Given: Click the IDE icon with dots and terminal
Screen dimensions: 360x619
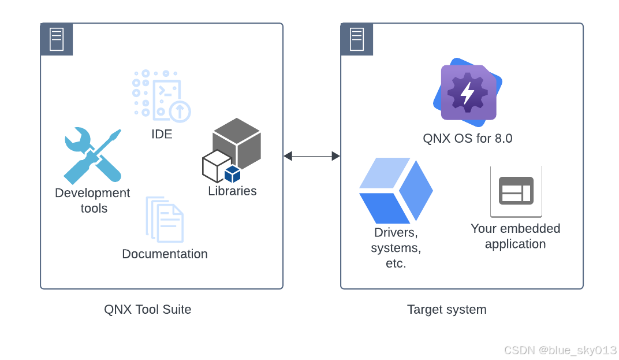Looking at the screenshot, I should [161, 96].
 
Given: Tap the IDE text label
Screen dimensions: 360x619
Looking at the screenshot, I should [162, 134].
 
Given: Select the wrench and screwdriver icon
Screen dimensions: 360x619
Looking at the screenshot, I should [92, 155].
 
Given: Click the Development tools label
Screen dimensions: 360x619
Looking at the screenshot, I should [92, 201].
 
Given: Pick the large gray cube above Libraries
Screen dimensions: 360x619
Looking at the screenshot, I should [237, 142].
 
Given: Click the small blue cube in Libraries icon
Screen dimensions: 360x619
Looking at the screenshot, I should [232, 174].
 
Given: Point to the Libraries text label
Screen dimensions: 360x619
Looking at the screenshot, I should [232, 191].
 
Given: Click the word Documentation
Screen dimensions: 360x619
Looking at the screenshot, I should [165, 254].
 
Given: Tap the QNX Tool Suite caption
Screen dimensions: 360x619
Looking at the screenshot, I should [147, 310].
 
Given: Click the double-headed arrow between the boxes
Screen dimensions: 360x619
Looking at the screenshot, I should [312, 156].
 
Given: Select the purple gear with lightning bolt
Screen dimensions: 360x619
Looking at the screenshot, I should [468, 92].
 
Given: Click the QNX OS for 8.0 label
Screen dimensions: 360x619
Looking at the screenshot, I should [468, 139].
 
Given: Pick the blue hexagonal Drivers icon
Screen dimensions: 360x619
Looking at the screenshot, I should [396, 190].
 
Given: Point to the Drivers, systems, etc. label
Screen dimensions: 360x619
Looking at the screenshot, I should [396, 248].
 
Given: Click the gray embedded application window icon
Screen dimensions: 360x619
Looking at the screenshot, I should [516, 191].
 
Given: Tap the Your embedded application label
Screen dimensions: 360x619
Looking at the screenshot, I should [516, 236].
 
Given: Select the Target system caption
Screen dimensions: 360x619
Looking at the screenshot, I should [447, 310].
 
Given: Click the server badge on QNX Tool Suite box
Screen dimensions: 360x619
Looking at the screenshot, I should [57, 39].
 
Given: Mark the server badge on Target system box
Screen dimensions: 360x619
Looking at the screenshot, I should [357, 39].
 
